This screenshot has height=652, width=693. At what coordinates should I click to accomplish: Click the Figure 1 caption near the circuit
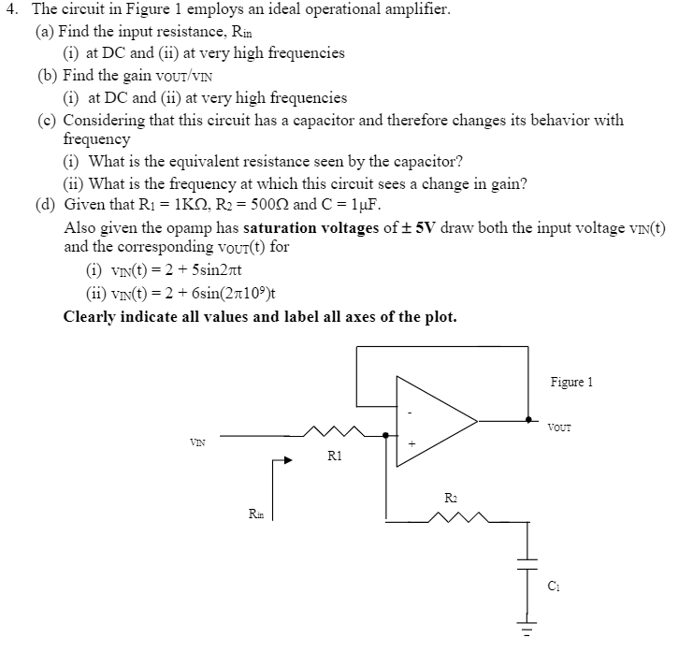[x=571, y=382]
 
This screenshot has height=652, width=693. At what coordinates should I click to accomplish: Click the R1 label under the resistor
[x=335, y=456]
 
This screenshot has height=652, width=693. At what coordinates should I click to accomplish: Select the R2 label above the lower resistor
[x=451, y=498]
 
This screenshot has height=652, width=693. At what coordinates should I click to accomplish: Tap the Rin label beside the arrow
[x=254, y=513]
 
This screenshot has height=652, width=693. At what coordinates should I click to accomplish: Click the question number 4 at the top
[x=13, y=10]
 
